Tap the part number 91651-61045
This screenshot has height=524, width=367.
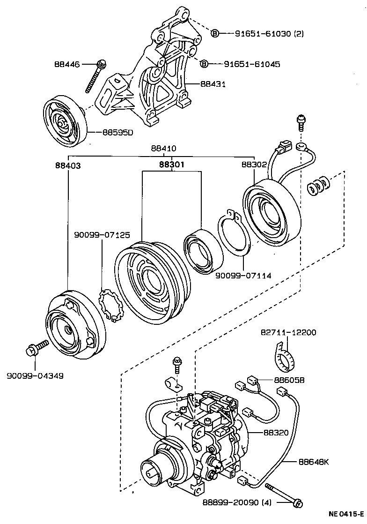tap(251, 64)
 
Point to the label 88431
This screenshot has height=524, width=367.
tap(213, 84)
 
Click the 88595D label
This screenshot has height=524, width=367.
tap(117, 132)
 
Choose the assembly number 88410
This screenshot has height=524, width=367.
tap(163, 148)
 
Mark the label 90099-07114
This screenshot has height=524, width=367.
tap(243, 276)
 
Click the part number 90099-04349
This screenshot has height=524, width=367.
tap(35, 375)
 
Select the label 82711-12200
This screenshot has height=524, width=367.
tap(288, 333)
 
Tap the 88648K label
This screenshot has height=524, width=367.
tap(314, 462)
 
